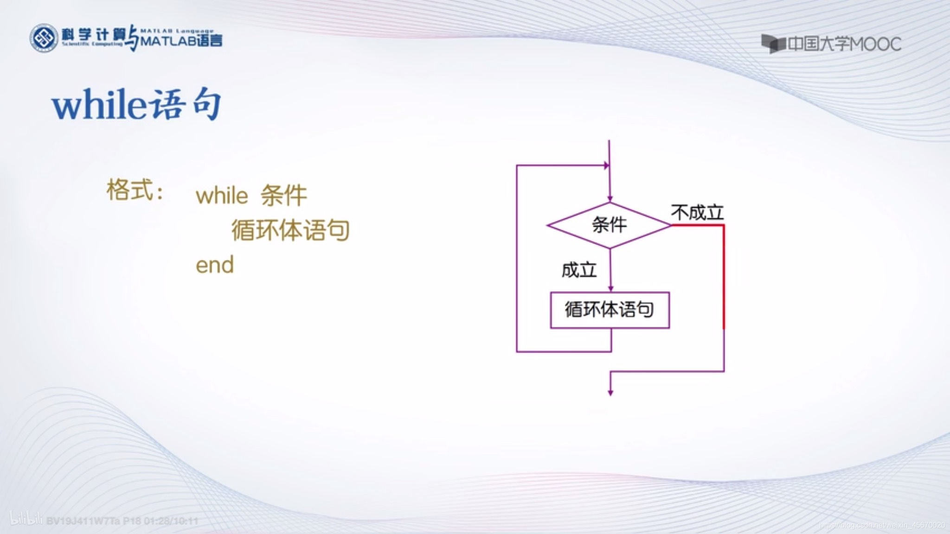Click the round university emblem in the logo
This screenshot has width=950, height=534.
[44, 38]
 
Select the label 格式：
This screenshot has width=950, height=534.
[135, 191]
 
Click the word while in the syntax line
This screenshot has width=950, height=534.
[222, 196]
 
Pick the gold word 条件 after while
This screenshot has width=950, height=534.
[283, 195]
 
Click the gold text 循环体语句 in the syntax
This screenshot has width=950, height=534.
[290, 230]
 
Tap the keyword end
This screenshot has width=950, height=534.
[215, 265]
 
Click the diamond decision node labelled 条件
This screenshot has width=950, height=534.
[609, 225]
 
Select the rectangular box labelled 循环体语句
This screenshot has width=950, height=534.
[610, 310]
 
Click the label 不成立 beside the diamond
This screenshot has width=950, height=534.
[697, 213]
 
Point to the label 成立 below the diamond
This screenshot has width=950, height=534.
[578, 270]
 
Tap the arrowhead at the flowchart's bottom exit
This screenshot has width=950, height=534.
[610, 393]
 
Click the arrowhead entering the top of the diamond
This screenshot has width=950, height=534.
[610, 198]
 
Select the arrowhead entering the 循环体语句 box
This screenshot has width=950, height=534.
[610, 288]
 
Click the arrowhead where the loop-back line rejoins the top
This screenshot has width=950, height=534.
[606, 165]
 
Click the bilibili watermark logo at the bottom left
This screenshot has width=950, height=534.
[26, 518]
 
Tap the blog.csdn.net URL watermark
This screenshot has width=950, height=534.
[881, 525]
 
